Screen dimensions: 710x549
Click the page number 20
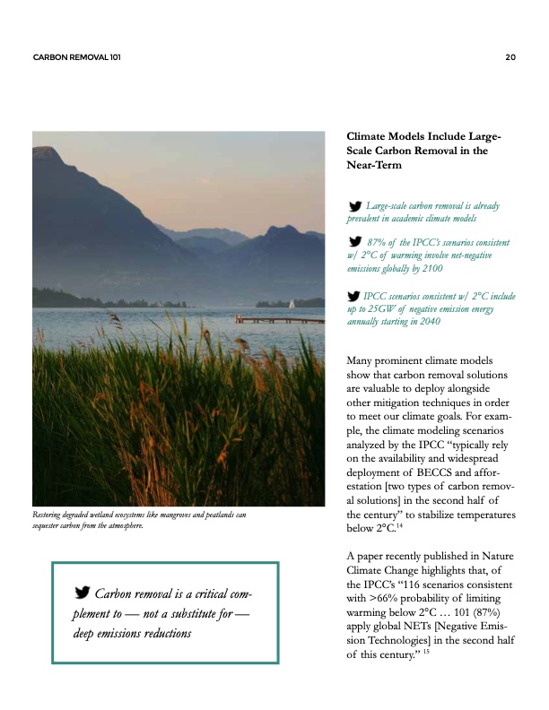(x=510, y=57)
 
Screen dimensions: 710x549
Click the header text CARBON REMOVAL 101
(x=76, y=57)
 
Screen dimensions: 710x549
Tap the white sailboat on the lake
(x=292, y=304)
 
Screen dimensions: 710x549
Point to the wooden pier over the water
(x=279, y=318)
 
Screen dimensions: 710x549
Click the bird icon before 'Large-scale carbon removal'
(x=355, y=206)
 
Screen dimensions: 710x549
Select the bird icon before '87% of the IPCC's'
(x=355, y=242)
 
